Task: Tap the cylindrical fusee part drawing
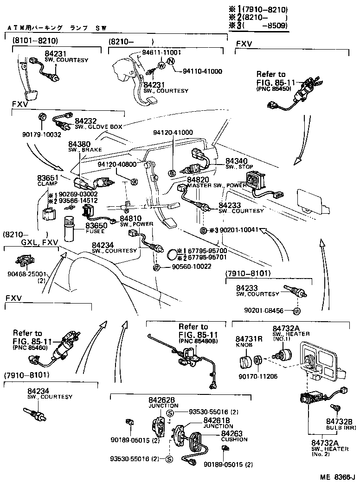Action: click(69, 229)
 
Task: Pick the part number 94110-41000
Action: click(202, 71)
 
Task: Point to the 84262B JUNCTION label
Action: click(161, 402)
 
